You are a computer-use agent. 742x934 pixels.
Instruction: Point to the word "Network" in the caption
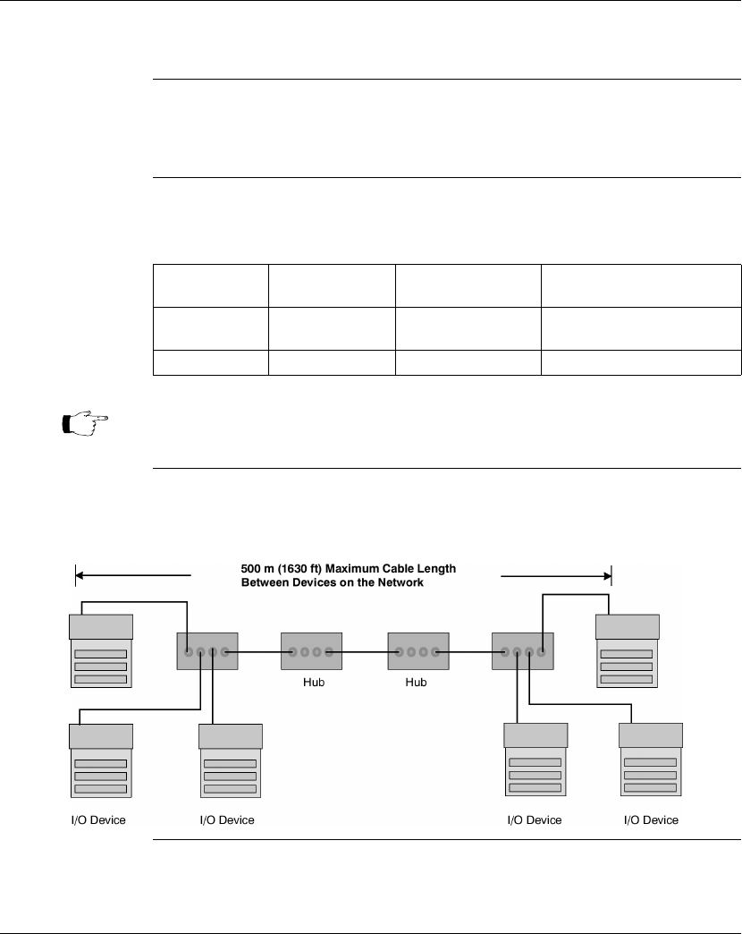(x=401, y=582)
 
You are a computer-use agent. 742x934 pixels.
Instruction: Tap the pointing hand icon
(x=86, y=423)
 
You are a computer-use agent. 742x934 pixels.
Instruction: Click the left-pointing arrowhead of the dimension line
(x=80, y=575)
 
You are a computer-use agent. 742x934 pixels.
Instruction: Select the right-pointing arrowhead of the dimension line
(x=607, y=576)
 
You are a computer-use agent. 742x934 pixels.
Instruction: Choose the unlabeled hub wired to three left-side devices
(x=207, y=651)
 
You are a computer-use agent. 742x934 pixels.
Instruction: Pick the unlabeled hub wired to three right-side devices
(x=522, y=651)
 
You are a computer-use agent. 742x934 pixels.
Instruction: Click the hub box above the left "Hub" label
(x=311, y=651)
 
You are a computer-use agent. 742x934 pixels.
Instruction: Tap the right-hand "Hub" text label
(x=416, y=682)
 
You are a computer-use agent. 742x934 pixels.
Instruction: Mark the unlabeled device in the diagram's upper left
(x=101, y=651)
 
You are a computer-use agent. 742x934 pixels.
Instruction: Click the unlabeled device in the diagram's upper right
(x=628, y=651)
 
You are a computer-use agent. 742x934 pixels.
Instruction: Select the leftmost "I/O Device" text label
(x=98, y=820)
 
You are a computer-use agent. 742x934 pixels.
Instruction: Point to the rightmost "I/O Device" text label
(x=651, y=820)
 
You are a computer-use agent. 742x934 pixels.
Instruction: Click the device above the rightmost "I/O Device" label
(x=650, y=760)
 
